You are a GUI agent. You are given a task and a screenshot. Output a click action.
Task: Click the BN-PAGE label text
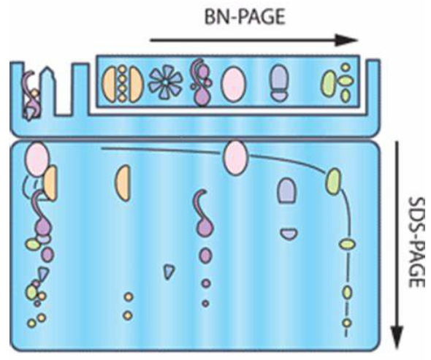245,17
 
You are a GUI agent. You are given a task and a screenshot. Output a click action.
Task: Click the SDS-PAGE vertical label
416,242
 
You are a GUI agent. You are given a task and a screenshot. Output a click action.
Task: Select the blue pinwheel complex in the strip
165,82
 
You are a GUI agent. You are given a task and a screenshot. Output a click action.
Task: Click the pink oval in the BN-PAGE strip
233,85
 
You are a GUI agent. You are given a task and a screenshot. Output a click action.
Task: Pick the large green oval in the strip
329,83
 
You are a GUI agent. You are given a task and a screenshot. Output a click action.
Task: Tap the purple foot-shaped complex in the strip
279,83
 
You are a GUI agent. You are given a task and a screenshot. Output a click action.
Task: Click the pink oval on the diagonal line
235,158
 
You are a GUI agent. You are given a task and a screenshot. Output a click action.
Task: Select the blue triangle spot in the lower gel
169,271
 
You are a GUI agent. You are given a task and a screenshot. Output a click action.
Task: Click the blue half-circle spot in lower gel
289,234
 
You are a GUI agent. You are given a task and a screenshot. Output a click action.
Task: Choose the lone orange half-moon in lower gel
123,183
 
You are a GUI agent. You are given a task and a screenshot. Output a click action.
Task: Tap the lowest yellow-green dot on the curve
347,323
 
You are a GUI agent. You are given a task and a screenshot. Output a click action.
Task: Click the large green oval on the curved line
333,182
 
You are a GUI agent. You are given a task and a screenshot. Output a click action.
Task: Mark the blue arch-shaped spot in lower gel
286,191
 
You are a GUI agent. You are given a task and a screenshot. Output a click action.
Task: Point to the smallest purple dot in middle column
205,303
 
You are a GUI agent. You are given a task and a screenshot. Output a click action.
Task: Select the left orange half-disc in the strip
109,85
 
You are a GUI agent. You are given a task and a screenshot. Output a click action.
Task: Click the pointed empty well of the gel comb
47,91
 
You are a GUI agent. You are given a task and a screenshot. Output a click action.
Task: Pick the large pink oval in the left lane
37,159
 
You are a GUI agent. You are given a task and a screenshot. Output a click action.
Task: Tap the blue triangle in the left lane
43,275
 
